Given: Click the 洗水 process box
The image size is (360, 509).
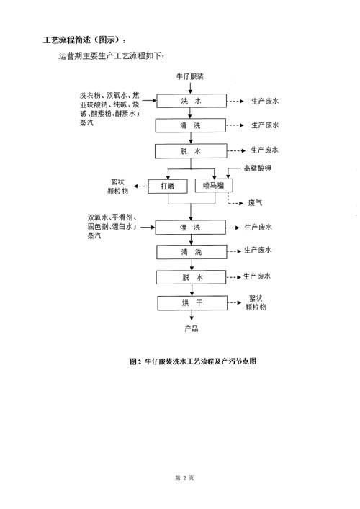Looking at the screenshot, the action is (192, 101).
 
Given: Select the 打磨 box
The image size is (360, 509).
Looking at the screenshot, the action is (168, 186).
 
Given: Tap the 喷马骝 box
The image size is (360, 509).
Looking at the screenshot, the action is (214, 185).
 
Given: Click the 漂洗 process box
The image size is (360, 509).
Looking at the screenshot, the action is (190, 228).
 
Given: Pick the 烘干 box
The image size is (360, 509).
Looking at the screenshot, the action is (192, 303).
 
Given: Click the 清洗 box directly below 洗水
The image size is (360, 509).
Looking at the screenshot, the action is (190, 125).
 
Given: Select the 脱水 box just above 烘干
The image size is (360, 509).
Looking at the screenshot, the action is (191, 277).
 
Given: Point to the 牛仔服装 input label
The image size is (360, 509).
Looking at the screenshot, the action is (190, 76).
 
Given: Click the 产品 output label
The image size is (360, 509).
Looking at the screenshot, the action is (192, 328).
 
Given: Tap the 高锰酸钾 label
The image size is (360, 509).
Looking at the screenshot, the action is (258, 168).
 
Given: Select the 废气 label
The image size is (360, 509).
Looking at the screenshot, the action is (255, 203).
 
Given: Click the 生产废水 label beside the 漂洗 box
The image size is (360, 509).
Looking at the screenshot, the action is (258, 228).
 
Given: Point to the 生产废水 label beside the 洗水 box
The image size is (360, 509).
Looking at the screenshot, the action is (265, 101).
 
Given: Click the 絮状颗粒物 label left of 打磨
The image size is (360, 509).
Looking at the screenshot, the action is (118, 186).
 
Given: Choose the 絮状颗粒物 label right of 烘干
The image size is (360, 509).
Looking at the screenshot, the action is (256, 302).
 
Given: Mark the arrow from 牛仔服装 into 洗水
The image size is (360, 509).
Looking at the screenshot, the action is (190, 87).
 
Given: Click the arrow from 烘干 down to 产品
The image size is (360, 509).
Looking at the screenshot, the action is (192, 315).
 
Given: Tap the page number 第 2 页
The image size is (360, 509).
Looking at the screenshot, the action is (184, 477).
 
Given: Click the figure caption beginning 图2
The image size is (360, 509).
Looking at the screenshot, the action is (193, 361).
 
